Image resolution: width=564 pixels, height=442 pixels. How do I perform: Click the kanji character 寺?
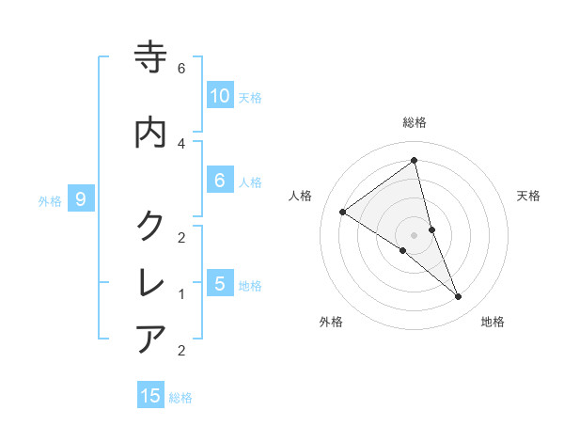tap(151, 57)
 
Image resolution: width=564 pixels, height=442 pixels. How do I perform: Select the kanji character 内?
tap(151, 132)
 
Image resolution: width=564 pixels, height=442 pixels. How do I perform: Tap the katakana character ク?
tap(151, 226)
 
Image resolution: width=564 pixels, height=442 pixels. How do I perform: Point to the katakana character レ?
tap(151, 282)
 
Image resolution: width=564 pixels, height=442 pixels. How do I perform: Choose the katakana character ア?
tap(151, 339)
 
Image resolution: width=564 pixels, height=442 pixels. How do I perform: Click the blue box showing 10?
tap(220, 96)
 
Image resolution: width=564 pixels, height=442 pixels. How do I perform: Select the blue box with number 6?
tap(220, 181)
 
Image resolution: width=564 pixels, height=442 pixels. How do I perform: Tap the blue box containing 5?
tap(220, 284)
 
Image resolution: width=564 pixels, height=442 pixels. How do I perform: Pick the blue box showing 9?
tap(82, 199)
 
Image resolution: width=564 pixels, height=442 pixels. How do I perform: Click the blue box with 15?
tap(150, 396)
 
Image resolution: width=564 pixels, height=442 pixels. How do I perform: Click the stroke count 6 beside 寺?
tap(181, 69)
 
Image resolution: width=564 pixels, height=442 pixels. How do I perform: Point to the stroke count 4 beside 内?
tap(181, 143)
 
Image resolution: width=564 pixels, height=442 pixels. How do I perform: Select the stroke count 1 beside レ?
tap(181, 294)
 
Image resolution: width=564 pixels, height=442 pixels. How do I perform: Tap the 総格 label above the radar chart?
tap(415, 122)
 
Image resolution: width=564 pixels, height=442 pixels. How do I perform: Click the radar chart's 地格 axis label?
tap(493, 323)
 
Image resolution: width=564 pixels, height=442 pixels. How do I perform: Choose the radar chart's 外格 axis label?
tap(331, 323)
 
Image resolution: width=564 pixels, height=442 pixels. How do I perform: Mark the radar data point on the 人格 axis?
tap(343, 212)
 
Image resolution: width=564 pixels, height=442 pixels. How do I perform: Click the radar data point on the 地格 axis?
tap(459, 297)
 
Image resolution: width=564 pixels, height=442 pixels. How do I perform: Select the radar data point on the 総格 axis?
tap(415, 161)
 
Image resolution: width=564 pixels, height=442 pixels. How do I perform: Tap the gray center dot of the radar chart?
tap(415, 234)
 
